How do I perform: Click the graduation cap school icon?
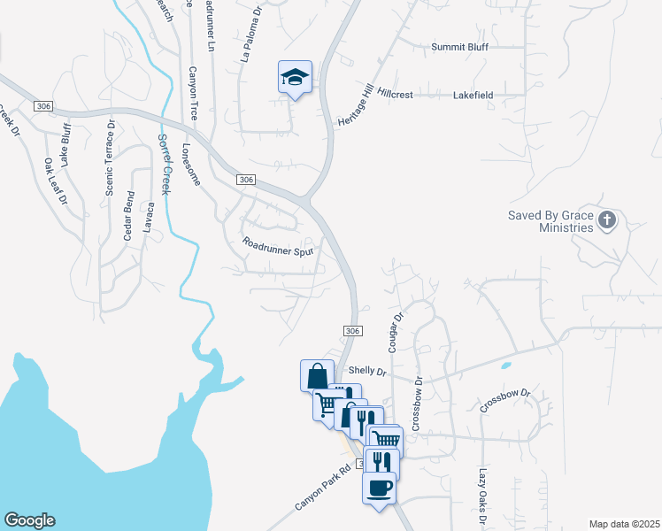pos(296,78)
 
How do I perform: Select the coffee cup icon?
pos(379,488)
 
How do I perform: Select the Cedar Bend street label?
pos(129,215)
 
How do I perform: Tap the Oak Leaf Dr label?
pos(56,181)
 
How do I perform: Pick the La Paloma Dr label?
pos(251,35)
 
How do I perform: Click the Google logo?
pos(29,520)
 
